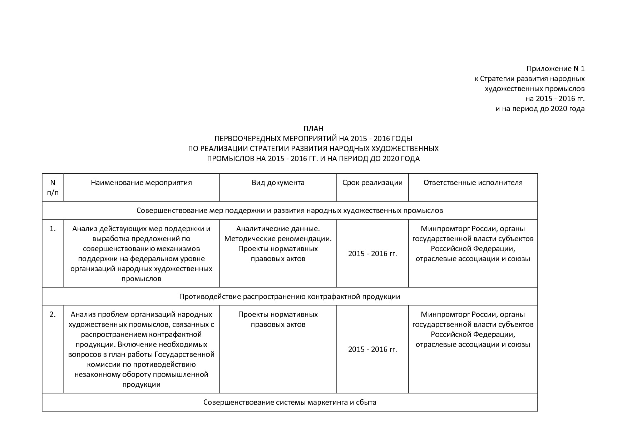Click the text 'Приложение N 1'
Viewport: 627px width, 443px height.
pos(555,69)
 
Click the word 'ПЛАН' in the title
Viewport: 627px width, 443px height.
pos(313,129)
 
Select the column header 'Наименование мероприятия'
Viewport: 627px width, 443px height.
pos(141,183)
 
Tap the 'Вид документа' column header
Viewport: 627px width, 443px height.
pos(278,183)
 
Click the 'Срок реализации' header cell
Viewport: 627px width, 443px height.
pos(372,183)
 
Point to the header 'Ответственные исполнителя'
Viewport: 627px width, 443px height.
pos(473,183)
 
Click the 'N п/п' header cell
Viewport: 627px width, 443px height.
pos(53,188)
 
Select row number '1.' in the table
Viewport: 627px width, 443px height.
pos(53,229)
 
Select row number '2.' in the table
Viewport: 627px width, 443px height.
pos(53,315)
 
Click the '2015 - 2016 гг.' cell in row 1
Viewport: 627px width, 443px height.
pos(372,254)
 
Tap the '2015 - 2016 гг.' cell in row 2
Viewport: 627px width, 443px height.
pos(372,349)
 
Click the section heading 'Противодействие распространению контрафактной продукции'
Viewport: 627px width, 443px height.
pos(290,297)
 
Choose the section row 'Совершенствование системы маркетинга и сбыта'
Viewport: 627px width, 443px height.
pos(290,402)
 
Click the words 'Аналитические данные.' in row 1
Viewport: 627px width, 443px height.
pos(278,229)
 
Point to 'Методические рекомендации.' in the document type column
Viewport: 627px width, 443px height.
pos(278,239)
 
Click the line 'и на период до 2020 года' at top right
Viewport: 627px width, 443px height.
pos(540,109)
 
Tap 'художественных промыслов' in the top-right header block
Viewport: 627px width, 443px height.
pos(534,89)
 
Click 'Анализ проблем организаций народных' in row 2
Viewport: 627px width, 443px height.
pos(141,315)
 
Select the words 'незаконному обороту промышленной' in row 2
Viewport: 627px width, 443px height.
pos(141,375)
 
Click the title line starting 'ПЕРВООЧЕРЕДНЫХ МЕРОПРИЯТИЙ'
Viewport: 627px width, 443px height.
pos(313,139)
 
